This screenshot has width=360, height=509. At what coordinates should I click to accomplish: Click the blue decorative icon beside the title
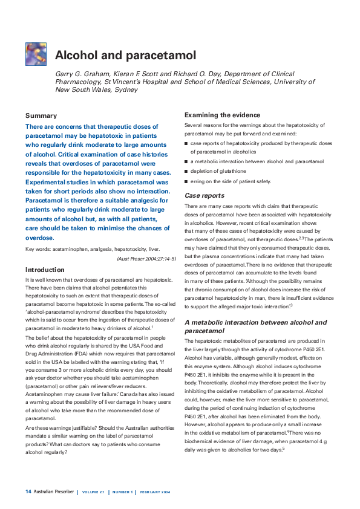pos(36,54)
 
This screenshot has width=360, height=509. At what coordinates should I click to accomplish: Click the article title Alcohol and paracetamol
pos(125,56)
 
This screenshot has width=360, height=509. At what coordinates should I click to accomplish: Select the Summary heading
pos(41,115)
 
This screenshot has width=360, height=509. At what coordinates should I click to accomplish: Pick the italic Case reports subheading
pos(204,196)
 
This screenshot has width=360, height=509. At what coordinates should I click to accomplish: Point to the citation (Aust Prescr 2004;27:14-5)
pos(146,259)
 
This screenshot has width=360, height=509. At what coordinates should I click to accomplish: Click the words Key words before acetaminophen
pos(38,249)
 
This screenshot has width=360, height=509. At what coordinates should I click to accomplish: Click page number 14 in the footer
pos(28,491)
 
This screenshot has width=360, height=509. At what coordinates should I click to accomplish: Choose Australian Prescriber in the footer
pos(54,491)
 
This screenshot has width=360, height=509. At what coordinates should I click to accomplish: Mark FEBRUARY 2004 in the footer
pos(155,492)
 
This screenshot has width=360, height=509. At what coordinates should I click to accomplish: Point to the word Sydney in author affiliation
pos(125,89)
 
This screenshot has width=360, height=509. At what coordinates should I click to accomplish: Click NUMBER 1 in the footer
pos(123,492)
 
